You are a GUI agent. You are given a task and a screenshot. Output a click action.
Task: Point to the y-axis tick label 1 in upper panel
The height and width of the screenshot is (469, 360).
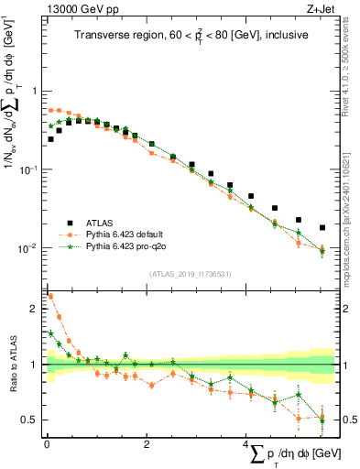coord(34,92)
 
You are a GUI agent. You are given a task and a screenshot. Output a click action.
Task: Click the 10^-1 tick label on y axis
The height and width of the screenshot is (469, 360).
coord(29,170)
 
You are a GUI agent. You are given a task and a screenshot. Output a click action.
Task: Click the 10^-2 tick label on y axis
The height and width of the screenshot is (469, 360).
coord(29,249)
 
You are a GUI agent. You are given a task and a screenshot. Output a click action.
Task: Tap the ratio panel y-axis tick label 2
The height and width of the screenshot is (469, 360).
coord(34,309)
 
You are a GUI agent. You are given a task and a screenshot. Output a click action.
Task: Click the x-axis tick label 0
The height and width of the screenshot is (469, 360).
coord(46,444)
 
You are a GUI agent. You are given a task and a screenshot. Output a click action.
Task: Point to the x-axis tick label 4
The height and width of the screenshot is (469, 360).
coord(245,444)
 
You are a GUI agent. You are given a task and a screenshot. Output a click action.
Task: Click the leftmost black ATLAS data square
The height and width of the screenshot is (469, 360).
coord(50,139)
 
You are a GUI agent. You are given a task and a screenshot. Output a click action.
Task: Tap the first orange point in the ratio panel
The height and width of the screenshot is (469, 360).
coord(50,296)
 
